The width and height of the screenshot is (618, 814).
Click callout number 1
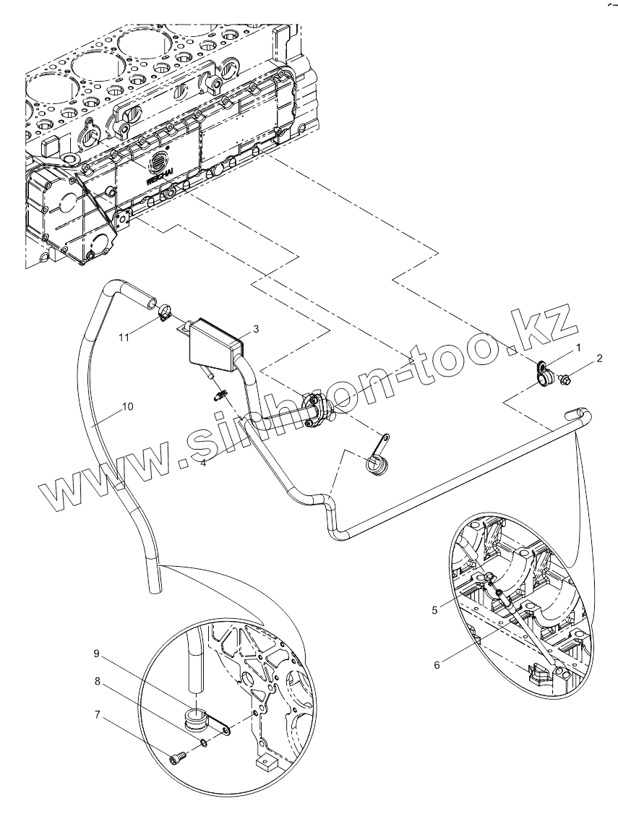click(x=578, y=348)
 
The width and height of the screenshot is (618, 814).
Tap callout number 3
click(x=256, y=328)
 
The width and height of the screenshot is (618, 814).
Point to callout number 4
click(x=204, y=463)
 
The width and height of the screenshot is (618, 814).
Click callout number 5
click(x=434, y=609)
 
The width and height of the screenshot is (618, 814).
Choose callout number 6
click(x=437, y=664)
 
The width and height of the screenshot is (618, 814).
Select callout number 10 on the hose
click(x=127, y=406)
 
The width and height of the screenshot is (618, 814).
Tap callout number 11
click(x=124, y=338)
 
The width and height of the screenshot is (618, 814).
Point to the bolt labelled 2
click(x=566, y=378)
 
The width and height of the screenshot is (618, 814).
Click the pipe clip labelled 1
click(x=544, y=372)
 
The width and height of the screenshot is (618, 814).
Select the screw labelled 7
click(x=179, y=757)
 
